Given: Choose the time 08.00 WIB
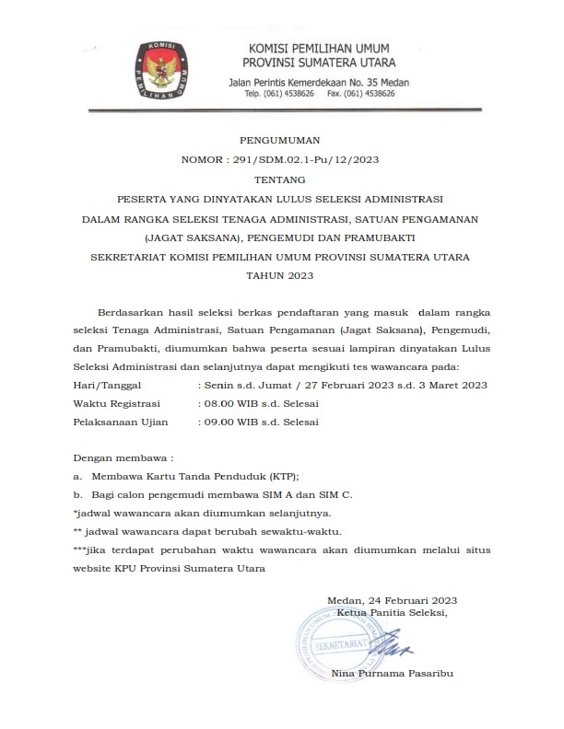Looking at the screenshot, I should pyautogui.click(x=229, y=403).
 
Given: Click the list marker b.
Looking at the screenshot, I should pyautogui.click(x=76, y=494).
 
